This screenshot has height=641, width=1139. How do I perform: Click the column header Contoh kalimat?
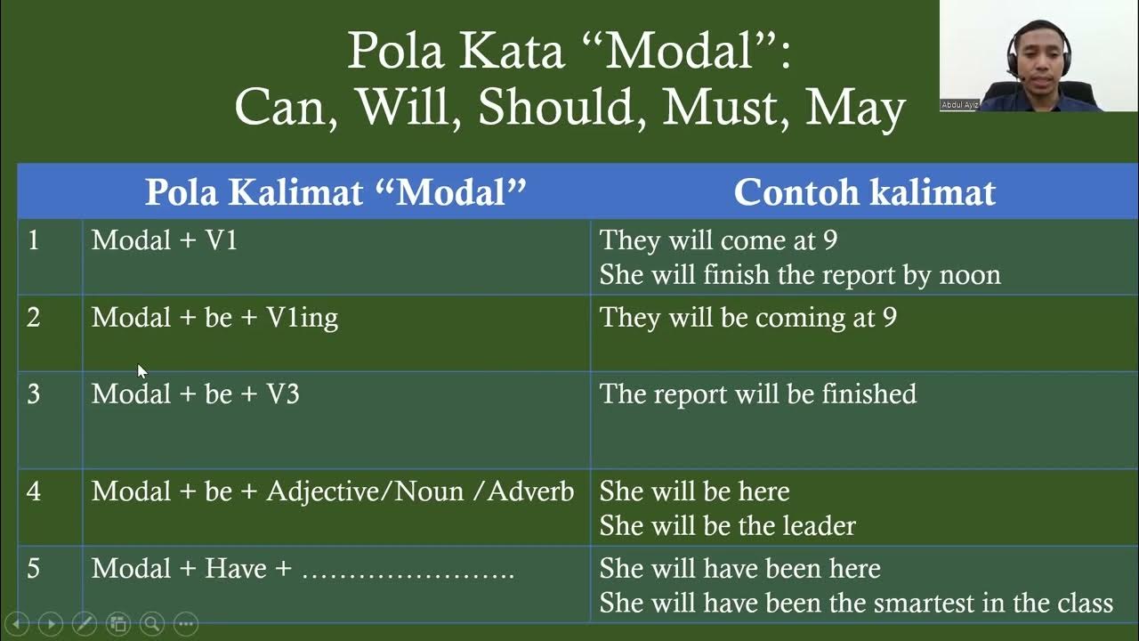864,192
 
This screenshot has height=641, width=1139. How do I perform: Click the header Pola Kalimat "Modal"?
335,192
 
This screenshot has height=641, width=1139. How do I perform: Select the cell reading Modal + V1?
165,240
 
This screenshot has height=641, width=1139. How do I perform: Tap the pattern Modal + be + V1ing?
214,318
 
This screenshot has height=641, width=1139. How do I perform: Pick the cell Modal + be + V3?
195,394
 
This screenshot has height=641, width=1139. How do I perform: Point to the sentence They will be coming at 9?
747,318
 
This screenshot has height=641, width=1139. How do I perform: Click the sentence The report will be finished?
757,394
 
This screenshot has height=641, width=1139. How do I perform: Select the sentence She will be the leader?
727,526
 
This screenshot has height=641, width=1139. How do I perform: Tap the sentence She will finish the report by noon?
799,275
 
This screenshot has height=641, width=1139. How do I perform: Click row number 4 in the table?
34,491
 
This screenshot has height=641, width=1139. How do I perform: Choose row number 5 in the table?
34,569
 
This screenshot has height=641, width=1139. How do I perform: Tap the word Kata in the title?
512,52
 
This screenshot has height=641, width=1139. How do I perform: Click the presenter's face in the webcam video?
1038,51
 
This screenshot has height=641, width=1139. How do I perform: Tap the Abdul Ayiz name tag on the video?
959,105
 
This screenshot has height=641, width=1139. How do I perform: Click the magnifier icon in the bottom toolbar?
152,624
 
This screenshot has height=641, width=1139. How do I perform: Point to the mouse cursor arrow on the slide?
141,371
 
